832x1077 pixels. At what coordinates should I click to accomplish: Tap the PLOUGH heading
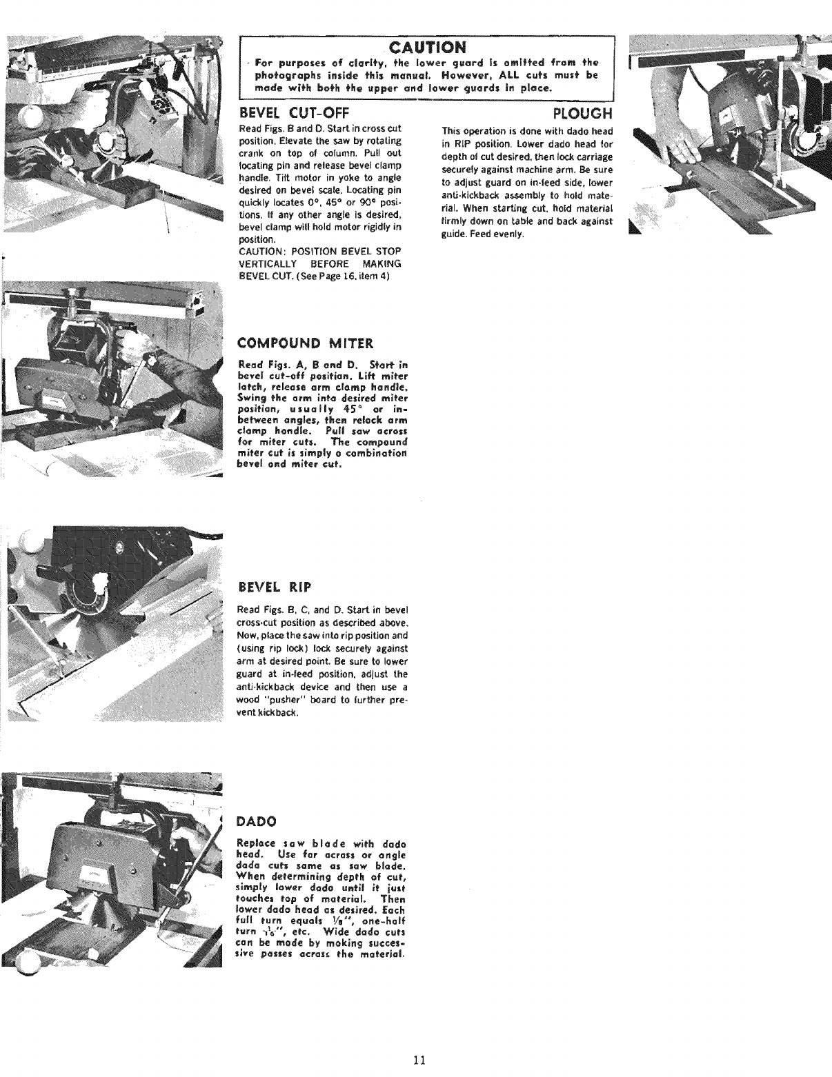[x=583, y=113]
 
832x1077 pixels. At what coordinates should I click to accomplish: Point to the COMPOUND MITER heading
[x=305, y=343]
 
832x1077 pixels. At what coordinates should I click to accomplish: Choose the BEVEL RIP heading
[x=275, y=587]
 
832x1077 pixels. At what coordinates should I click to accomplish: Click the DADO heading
[x=257, y=821]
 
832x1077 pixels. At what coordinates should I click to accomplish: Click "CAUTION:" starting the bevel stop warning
[x=260, y=250]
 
